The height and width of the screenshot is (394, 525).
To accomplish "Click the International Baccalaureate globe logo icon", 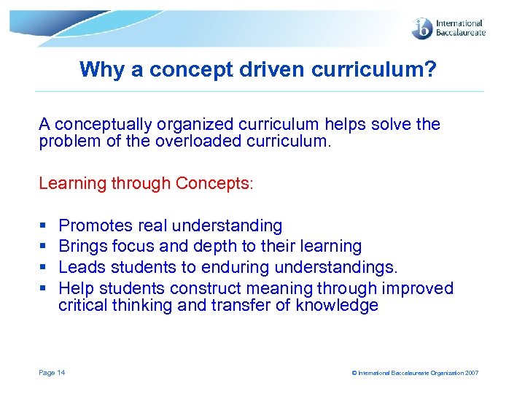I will [421, 28].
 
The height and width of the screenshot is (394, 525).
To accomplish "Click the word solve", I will [387, 124].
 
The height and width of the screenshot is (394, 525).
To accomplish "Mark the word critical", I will [83, 306].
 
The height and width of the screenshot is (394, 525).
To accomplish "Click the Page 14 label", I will [52, 373].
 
